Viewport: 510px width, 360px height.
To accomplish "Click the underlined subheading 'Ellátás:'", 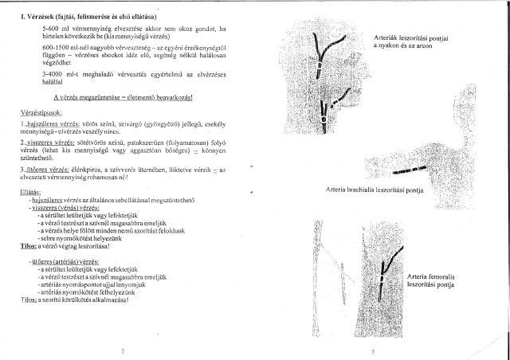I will point(31,192).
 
